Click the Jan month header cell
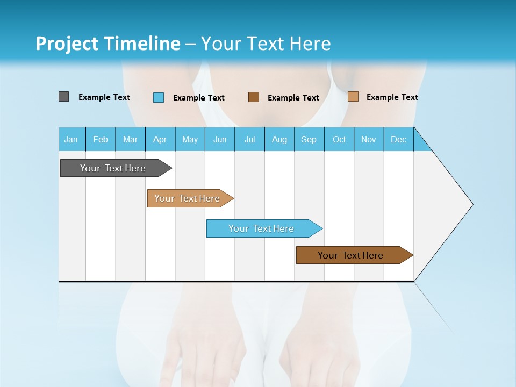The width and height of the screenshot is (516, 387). pyautogui.click(x=71, y=139)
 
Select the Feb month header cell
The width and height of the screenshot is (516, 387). pyautogui.click(x=101, y=139)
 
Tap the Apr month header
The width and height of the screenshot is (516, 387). pyautogui.click(x=160, y=139)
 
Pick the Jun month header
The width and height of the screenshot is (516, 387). pyautogui.click(x=220, y=139)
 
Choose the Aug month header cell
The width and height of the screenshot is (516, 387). pyautogui.click(x=279, y=139)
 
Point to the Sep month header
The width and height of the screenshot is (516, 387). pyautogui.click(x=309, y=139)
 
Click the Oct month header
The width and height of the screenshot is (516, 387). pyautogui.click(x=339, y=139)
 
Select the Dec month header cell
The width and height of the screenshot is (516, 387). pyautogui.click(x=399, y=139)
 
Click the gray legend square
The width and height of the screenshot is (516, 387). pyautogui.click(x=63, y=97)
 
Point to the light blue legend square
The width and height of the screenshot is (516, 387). pyautogui.click(x=159, y=97)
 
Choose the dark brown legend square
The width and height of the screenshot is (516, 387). pyautogui.click(x=254, y=97)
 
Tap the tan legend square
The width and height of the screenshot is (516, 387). pyautogui.click(x=353, y=97)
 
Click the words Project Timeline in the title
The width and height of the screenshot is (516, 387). pyautogui.click(x=107, y=44)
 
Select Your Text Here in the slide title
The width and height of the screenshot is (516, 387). pyautogui.click(x=266, y=44)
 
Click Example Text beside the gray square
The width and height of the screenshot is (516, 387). pyautogui.click(x=104, y=97)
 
